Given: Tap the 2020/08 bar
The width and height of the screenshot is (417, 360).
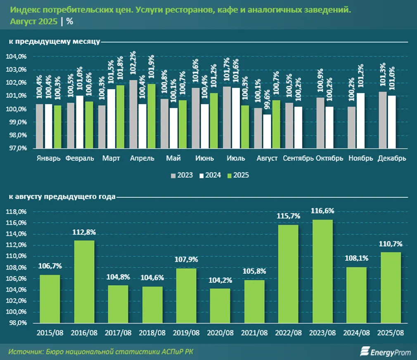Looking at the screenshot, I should click(220, 306).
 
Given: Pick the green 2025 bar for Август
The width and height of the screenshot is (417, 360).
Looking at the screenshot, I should click(276, 124).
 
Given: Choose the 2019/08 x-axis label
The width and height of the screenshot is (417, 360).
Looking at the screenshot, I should click(186, 333).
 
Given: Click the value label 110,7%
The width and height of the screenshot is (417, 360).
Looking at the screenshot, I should click(390, 244).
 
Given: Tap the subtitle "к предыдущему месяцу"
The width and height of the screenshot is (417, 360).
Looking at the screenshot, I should click(53, 41).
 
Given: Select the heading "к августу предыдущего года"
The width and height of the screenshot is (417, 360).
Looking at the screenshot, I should click(60, 197).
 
